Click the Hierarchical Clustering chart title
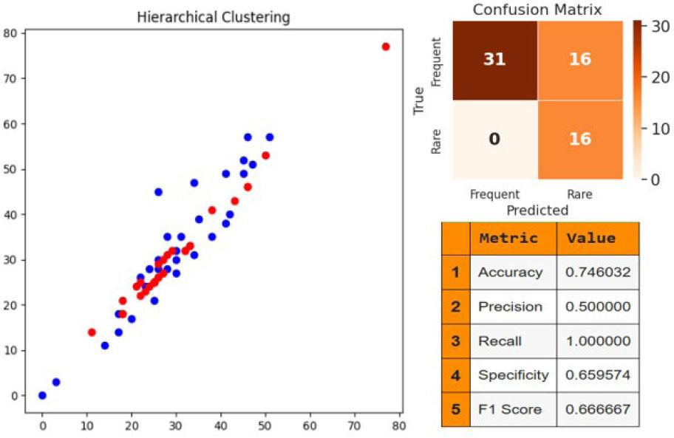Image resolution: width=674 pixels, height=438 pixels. tap(214, 17)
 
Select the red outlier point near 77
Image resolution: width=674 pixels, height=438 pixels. tap(385, 47)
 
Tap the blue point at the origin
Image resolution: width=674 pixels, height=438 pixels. tap(42, 395)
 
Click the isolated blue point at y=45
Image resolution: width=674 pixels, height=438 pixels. tap(158, 191)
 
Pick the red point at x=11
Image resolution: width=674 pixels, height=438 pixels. tap(92, 332)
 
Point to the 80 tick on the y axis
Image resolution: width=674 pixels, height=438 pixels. tap(10, 32)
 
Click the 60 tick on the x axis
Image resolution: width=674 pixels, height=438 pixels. tap(310, 426)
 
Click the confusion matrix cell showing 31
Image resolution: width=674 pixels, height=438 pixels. tap(494, 59)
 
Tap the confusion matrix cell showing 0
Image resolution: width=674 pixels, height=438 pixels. tap(494, 138)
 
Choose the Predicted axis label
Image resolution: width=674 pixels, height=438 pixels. tap(537, 211)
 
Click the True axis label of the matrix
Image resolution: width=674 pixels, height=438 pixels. tap(420, 100)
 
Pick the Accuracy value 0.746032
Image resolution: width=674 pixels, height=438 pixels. tap(598, 273)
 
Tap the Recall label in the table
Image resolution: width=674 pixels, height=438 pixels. tap(500, 341)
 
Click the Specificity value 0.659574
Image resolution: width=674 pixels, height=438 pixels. tap(598, 375)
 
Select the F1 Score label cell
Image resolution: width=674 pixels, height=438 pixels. tap(509, 409)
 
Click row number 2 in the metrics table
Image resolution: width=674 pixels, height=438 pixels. tap(455, 307)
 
